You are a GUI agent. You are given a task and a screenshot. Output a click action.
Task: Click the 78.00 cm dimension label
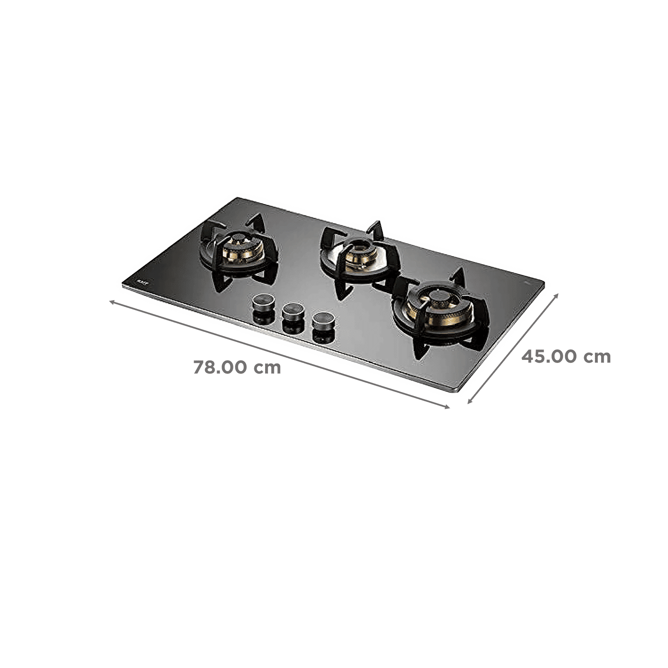[x=237, y=368]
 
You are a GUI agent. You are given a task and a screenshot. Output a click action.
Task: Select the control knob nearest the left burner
[x=261, y=304]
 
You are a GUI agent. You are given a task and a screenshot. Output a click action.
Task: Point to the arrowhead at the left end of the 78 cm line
[x=111, y=301]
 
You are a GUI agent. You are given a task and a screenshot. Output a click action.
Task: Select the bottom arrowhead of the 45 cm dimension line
[x=468, y=403]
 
